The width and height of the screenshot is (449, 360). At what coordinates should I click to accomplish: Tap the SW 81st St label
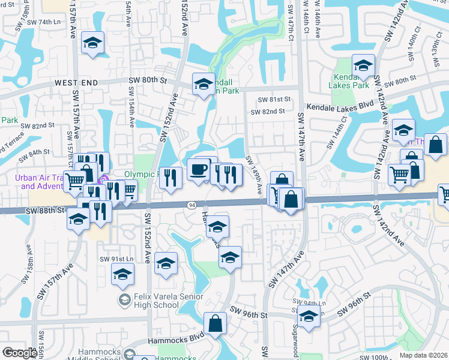tap(274, 100)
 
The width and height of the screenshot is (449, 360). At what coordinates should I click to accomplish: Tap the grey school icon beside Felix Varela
tap(124, 299)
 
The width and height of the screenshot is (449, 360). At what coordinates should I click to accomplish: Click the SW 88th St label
tap(44, 210)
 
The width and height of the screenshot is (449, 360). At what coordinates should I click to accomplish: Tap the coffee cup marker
tap(198, 169)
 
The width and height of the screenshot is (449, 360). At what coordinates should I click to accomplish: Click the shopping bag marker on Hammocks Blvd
tap(215, 324)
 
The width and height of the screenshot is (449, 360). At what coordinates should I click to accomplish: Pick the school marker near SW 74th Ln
tap(92, 43)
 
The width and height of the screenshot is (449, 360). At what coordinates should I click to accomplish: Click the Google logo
tap(20, 353)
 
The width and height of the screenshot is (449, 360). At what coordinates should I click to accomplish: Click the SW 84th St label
tap(33, 155)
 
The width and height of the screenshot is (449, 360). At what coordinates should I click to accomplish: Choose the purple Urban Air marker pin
tap(103, 179)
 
